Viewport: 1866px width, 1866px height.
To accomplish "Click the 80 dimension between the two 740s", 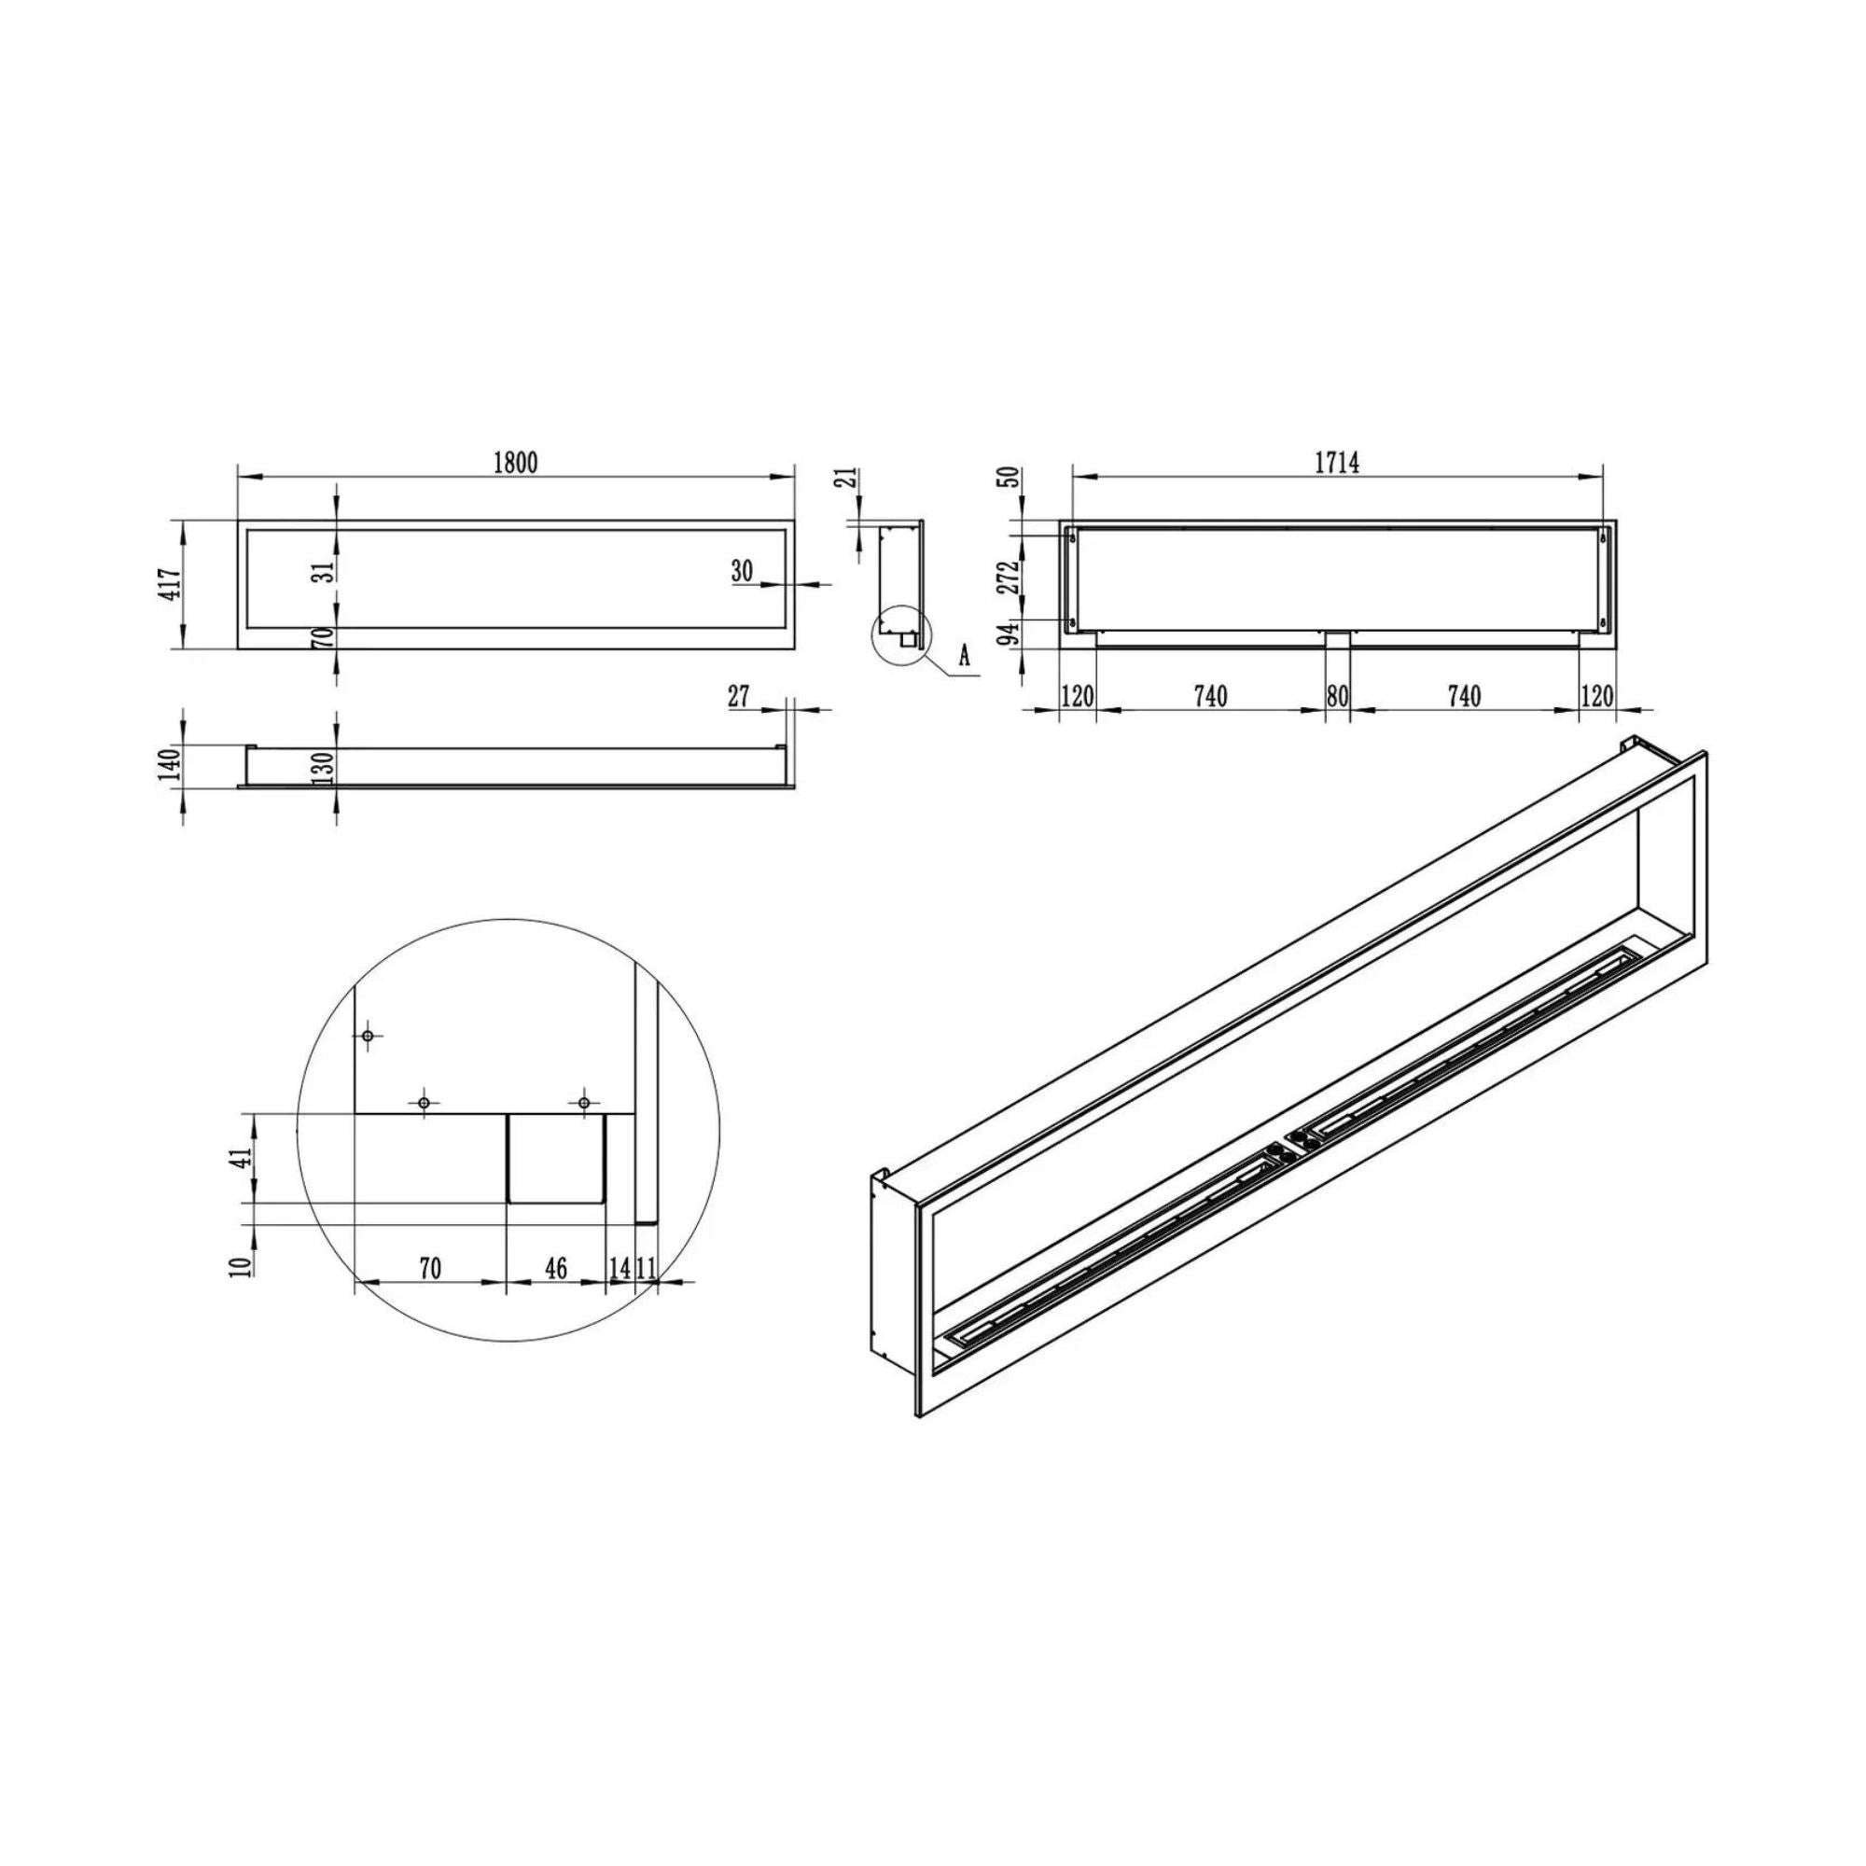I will [1337, 695].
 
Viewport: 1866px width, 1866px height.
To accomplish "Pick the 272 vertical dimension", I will [1010, 577].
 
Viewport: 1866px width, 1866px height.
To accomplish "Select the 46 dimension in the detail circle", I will [556, 1267].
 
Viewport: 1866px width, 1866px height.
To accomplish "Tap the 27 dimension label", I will [739, 695].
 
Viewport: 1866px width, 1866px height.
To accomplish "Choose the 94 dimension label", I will [1010, 634].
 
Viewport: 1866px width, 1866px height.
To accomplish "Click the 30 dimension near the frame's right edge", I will [742, 571].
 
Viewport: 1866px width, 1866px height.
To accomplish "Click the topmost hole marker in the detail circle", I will [368, 1036].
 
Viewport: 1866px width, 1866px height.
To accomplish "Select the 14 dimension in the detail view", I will [620, 1268].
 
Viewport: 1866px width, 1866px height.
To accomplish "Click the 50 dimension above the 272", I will [1010, 478].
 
